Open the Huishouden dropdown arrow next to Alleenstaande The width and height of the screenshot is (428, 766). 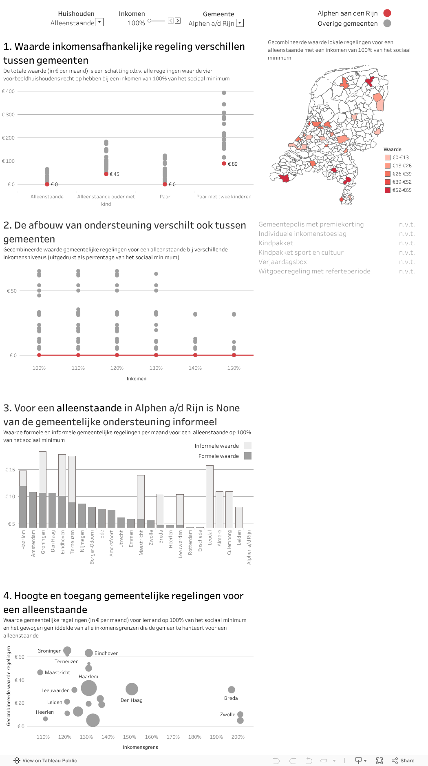[x=99, y=22]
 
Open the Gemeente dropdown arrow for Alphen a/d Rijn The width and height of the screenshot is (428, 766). [x=240, y=23]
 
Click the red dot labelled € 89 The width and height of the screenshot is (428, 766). [x=224, y=164]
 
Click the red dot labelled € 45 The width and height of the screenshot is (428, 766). [x=106, y=174]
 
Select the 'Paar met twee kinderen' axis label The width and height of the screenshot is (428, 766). [x=224, y=197]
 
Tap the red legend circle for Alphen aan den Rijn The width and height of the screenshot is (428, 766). [x=387, y=13]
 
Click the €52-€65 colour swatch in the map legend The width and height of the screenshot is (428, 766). [x=387, y=190]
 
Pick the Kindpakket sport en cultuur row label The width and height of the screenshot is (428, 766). [x=301, y=253]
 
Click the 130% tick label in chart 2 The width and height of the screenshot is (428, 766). [x=156, y=368]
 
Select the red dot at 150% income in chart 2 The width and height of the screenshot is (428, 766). [x=234, y=355]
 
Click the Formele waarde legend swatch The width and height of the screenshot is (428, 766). [x=248, y=456]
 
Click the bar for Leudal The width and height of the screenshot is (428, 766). [x=210, y=496]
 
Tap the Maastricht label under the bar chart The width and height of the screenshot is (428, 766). [x=141, y=542]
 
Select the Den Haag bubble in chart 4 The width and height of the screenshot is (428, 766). [x=132, y=689]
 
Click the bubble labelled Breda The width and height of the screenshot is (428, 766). [x=232, y=690]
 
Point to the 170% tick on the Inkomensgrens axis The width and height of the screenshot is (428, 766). [x=173, y=737]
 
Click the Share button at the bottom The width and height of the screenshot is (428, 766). [x=403, y=760]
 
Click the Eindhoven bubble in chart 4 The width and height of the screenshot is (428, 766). [x=89, y=653]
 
